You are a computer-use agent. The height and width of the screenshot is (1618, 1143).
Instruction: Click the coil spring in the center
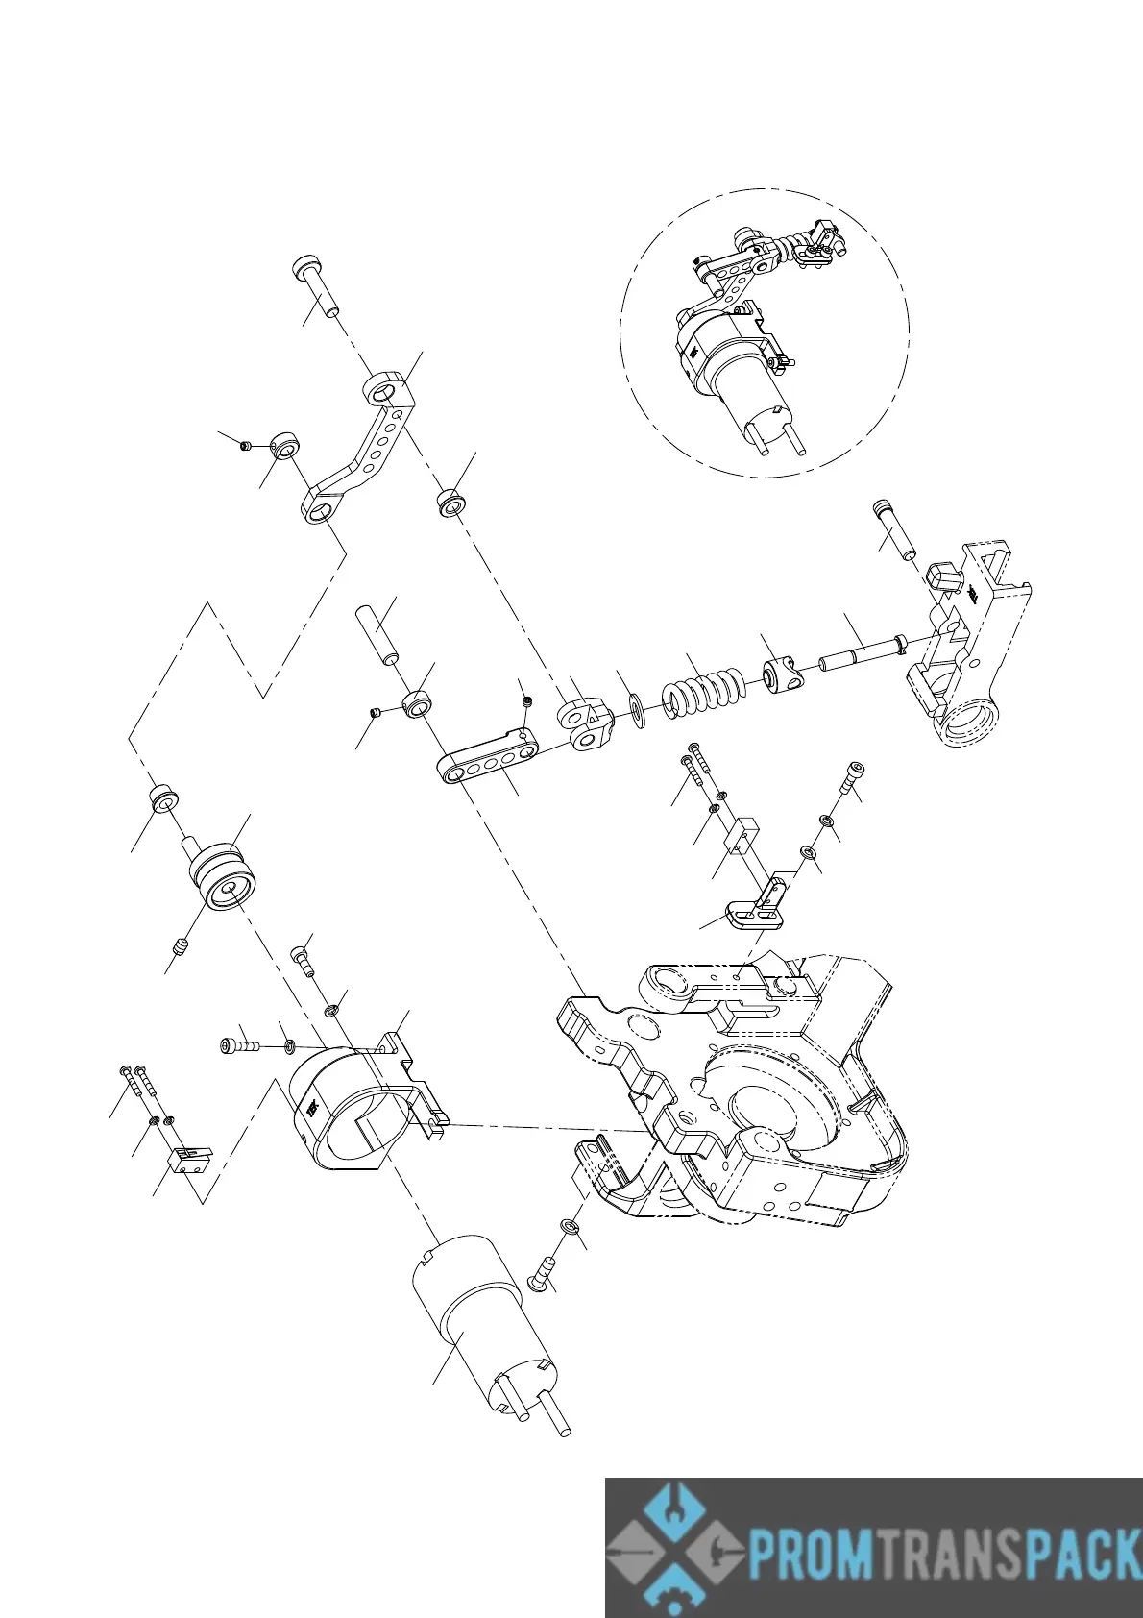coord(703,689)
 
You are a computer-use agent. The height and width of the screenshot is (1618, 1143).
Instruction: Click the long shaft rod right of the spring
coord(860,654)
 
